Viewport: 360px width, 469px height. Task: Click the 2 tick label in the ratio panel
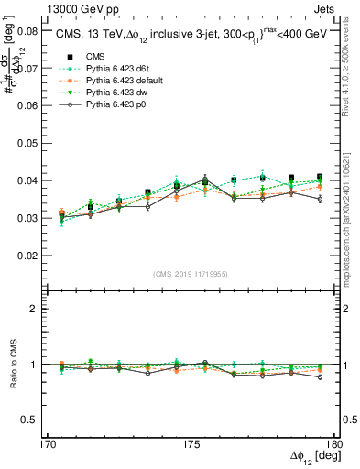point(36,309)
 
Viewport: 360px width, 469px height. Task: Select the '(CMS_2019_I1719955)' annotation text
point(190,274)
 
